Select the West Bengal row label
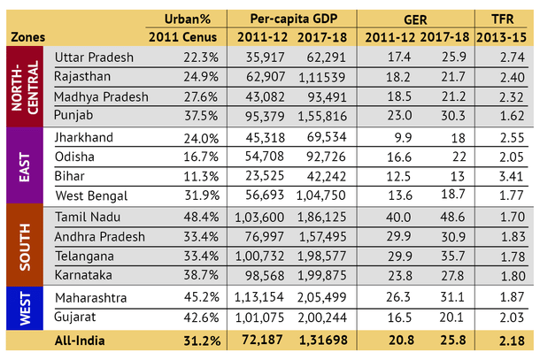[91, 195]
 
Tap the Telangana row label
[86, 257]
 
